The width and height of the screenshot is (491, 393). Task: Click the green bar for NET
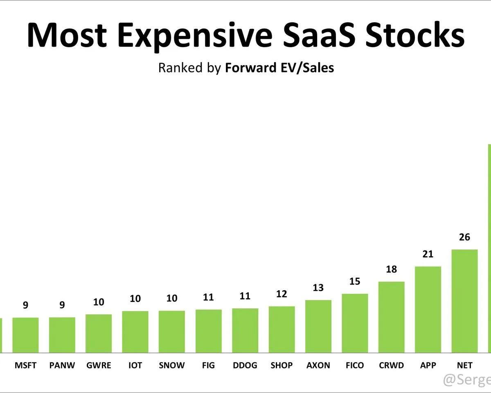tap(464, 301)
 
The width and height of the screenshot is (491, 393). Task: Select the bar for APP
tap(428, 309)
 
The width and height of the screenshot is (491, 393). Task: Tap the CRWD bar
tap(392, 317)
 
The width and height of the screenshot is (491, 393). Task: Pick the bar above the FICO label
tap(355, 323)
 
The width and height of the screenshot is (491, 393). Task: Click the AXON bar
tap(318, 326)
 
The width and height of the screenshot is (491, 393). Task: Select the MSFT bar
tap(25, 335)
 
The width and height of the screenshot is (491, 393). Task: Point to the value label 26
tap(464, 237)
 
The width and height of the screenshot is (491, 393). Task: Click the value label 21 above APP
tap(428, 254)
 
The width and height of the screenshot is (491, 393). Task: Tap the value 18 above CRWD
tap(392, 269)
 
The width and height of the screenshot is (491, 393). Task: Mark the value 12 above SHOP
tap(282, 294)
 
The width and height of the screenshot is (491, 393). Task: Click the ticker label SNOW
tap(172, 365)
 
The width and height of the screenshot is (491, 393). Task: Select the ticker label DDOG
tap(245, 365)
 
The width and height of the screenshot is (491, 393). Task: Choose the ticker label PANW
tap(62, 365)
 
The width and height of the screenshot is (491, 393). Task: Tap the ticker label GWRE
tap(99, 365)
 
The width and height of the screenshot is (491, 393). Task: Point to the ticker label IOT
tap(135, 365)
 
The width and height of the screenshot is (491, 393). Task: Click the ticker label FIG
tap(208, 365)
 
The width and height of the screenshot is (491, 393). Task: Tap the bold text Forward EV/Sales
tap(279, 68)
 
